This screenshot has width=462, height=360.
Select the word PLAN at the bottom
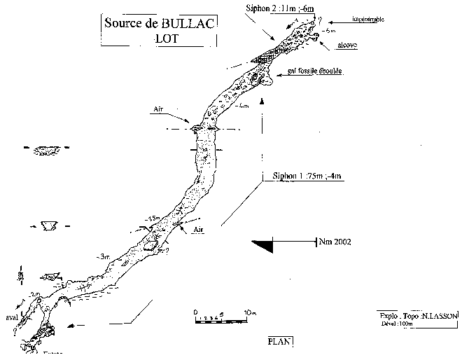pos(280,342)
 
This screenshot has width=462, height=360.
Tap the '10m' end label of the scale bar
pos(250,311)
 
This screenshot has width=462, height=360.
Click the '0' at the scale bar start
pos(196,311)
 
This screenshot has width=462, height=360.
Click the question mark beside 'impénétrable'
pos(321,20)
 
